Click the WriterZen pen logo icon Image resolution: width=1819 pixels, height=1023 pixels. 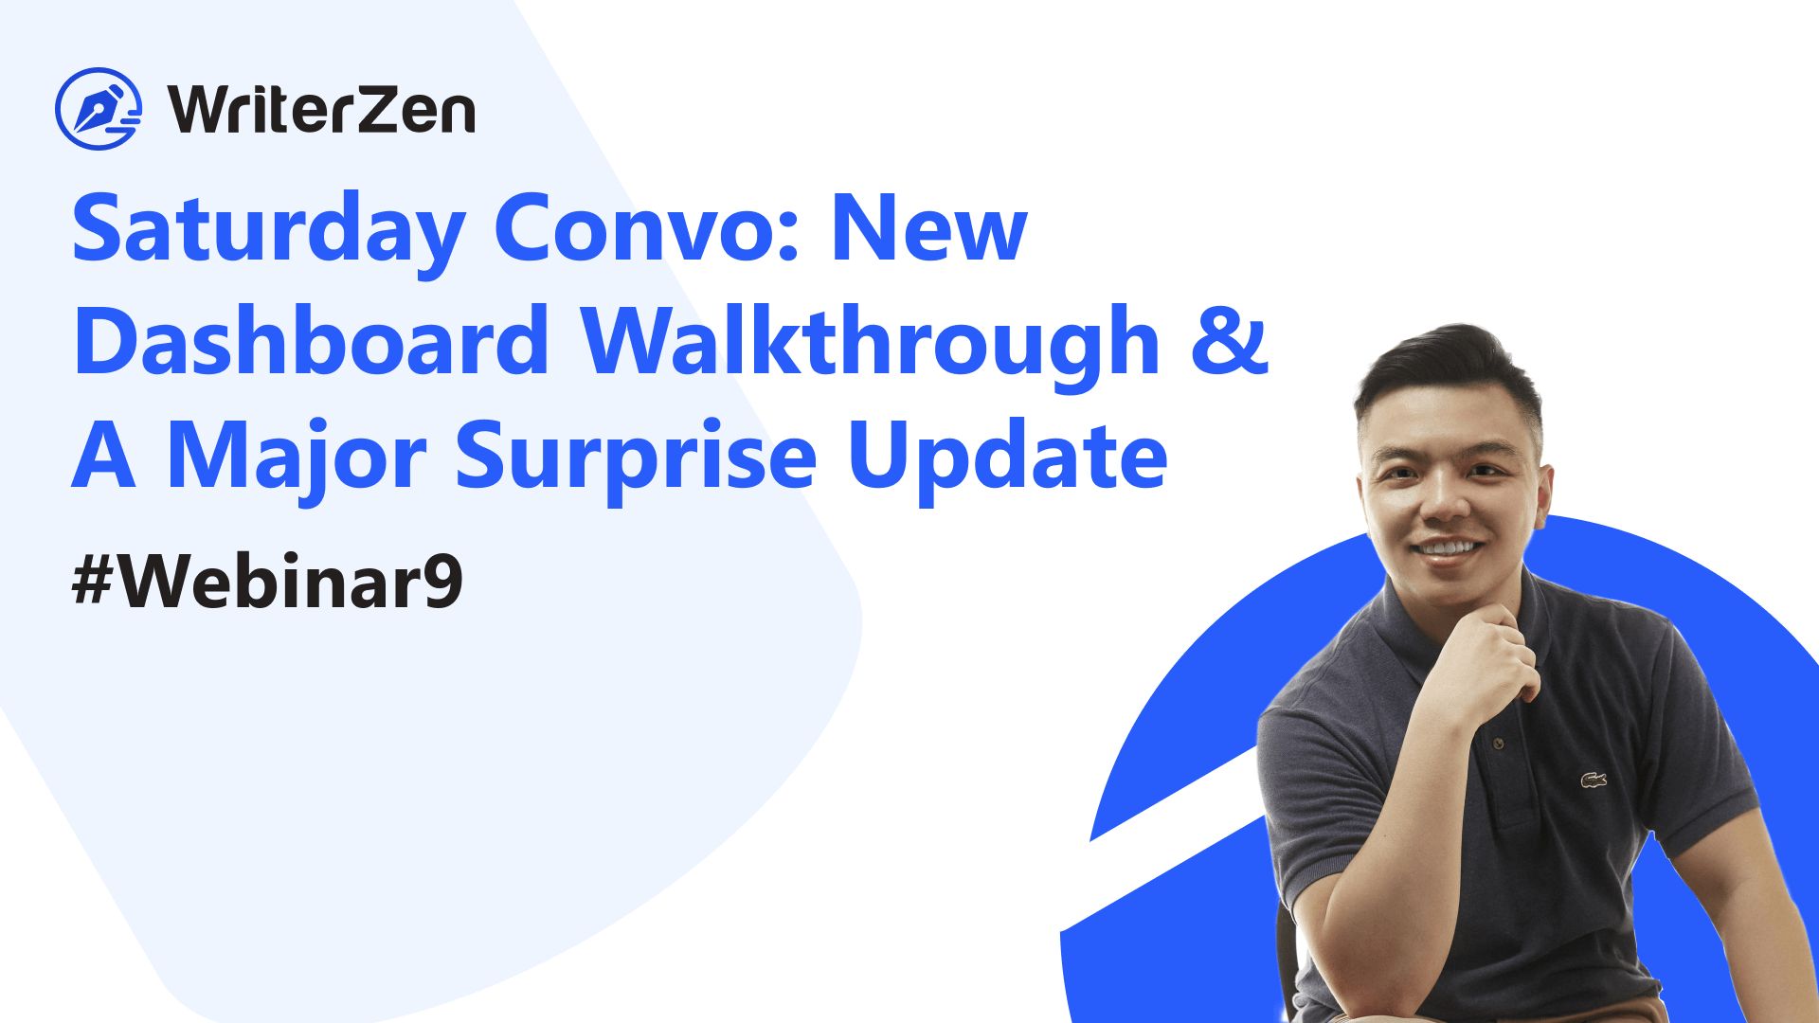99,109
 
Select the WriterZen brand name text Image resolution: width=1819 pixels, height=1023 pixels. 322,110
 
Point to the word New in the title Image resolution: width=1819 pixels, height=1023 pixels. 929,228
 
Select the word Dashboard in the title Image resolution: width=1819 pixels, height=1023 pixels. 312,338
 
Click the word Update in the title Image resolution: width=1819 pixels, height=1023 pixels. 1008,454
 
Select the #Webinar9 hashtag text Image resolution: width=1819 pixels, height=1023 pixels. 267,580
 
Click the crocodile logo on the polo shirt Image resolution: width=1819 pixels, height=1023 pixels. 1594,781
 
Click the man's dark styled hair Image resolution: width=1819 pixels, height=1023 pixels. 1450,379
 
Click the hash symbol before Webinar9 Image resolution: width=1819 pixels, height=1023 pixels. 93,581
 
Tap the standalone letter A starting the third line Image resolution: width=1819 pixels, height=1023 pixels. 103,456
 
